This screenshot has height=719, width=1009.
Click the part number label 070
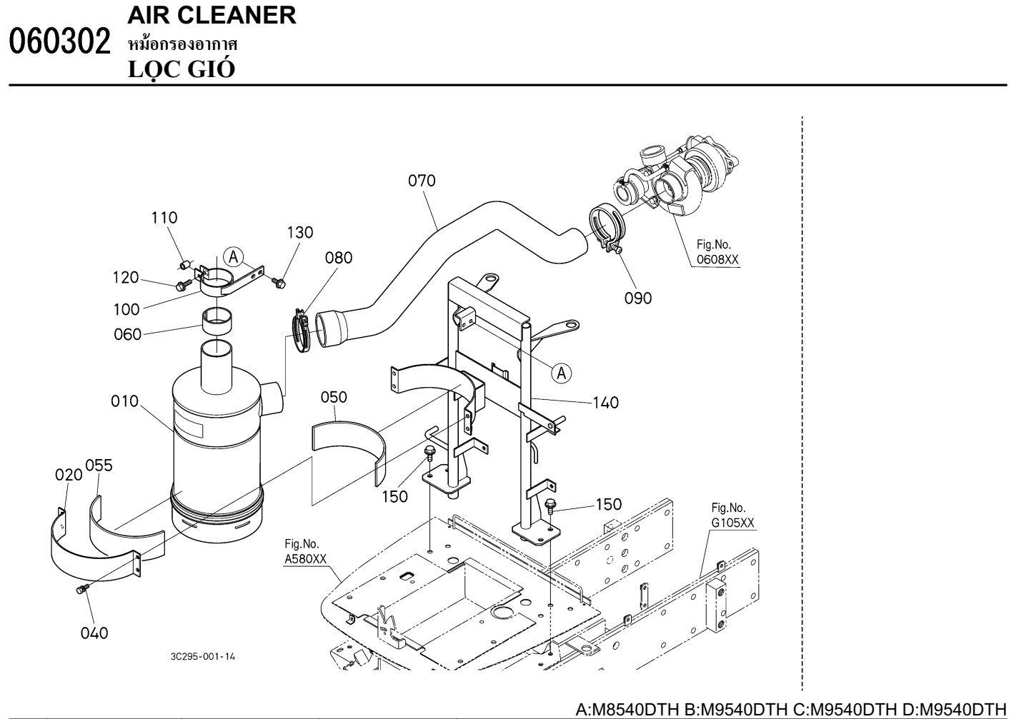422,181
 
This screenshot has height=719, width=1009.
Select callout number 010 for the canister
124,401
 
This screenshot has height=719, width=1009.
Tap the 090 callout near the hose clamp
637,298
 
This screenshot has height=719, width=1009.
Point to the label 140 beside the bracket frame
605,403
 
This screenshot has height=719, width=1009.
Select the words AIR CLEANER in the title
212,15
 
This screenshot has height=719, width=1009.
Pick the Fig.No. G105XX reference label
732,516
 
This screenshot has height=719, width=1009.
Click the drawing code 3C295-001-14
202,656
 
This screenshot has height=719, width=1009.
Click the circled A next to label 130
232,256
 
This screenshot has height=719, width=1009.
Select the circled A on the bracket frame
562,372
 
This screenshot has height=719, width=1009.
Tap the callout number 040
94,633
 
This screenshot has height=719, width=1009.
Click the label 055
99,466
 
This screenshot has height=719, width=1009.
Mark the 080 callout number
339,258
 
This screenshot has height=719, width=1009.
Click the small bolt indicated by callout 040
81,588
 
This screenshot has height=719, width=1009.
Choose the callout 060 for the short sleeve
128,334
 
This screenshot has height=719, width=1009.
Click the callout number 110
164,218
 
